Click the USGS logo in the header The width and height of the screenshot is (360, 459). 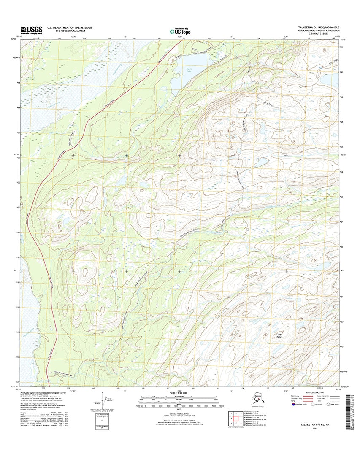[x=31, y=30]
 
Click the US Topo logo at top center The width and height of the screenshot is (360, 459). [x=179, y=31]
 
